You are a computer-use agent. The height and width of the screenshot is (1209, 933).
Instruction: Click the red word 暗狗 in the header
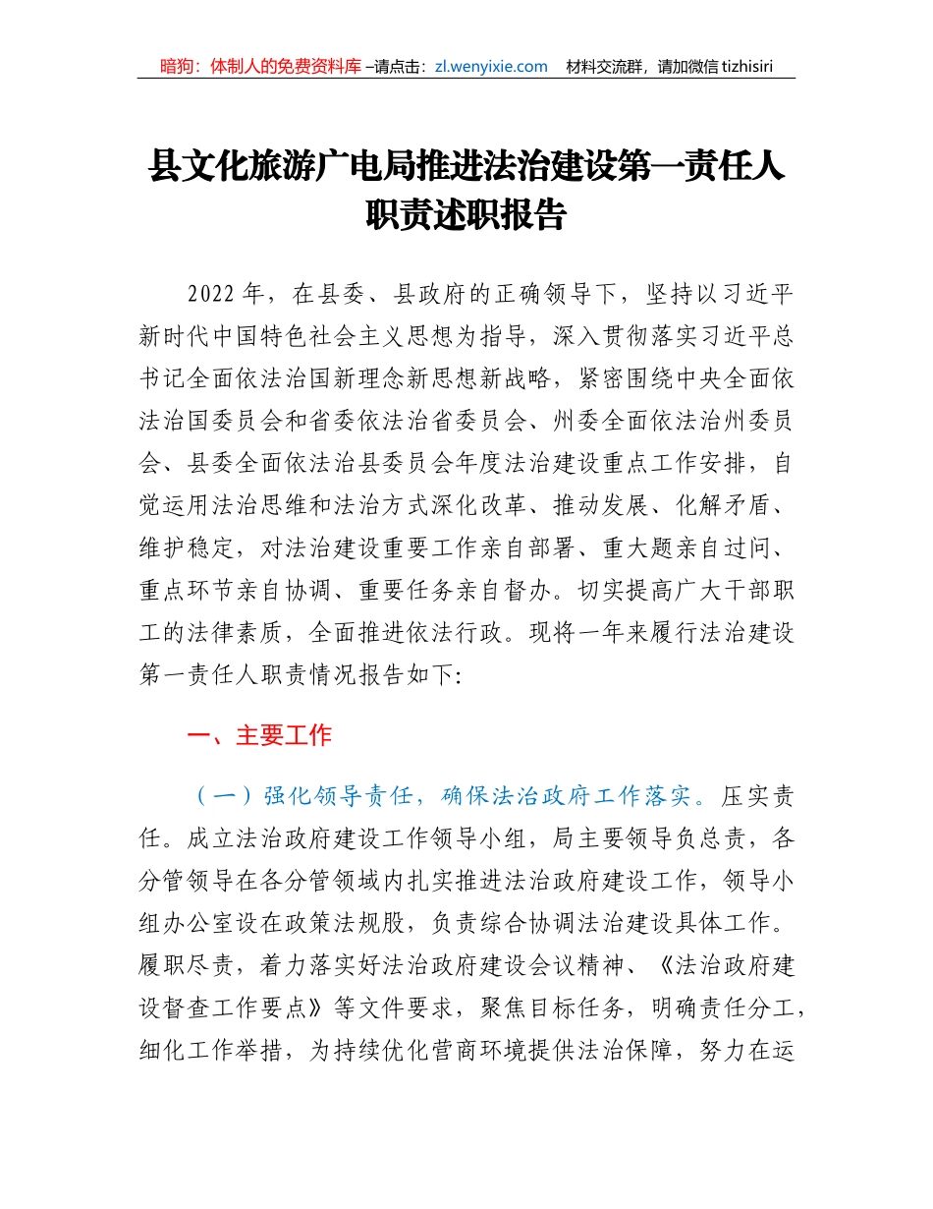[178, 67]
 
